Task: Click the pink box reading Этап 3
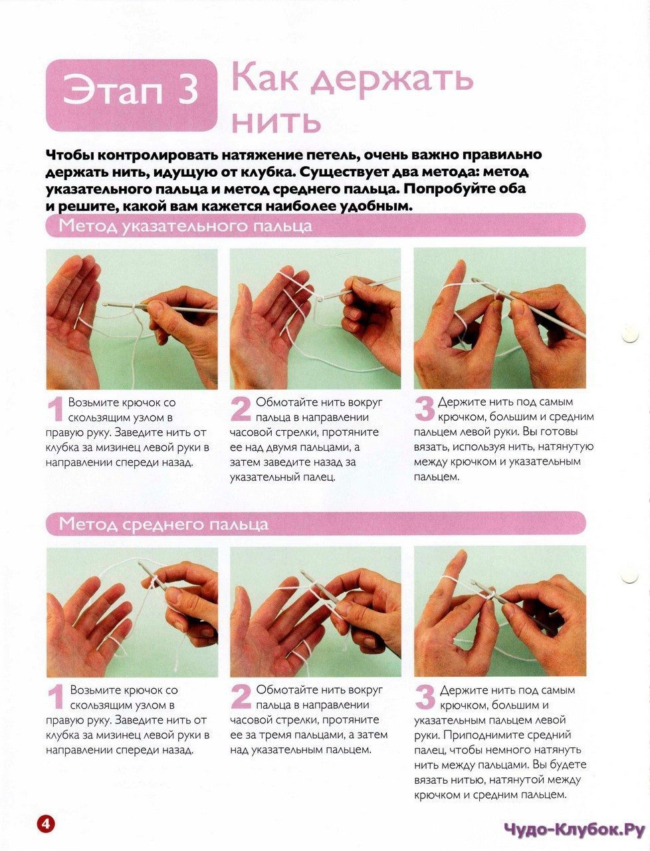(x=131, y=95)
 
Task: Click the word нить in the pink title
(x=276, y=122)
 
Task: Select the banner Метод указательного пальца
(x=316, y=225)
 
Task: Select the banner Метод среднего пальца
(x=316, y=524)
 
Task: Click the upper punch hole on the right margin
(x=630, y=334)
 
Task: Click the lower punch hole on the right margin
(x=630, y=576)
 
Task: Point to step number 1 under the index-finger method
(x=55, y=411)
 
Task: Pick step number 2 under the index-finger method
(x=241, y=410)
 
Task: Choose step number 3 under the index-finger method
(x=425, y=410)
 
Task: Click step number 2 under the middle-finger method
(x=241, y=698)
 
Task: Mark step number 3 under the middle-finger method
(x=425, y=698)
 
